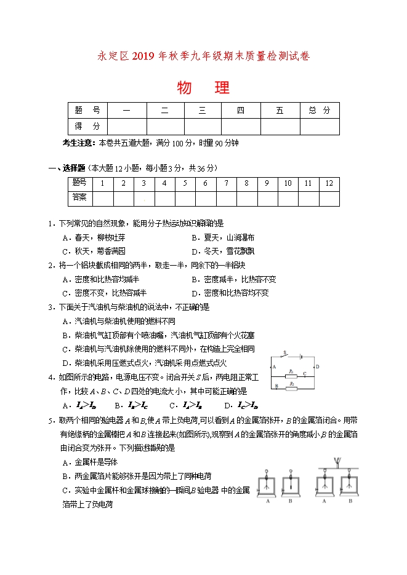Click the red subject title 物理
click(x=203, y=88)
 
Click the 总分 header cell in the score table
click(x=320, y=111)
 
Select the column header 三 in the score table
click(x=203, y=111)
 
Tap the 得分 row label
click(x=87, y=126)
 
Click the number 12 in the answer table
click(x=329, y=183)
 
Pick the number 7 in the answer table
click(x=226, y=183)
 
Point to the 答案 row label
click(x=79, y=197)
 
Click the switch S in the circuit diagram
click(x=284, y=355)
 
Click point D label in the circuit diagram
click(x=317, y=367)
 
